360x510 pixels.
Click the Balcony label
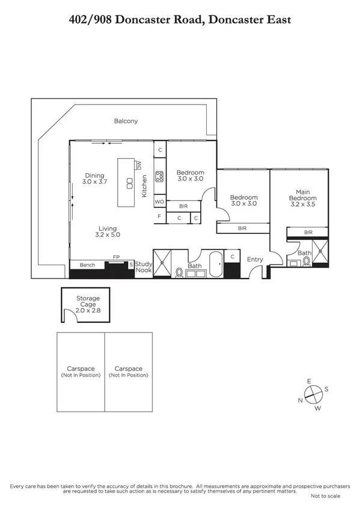(126, 121)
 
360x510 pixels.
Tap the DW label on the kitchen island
(139, 165)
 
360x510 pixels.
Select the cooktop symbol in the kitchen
(160, 176)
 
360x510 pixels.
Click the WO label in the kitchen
(159, 202)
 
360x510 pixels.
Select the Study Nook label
(144, 267)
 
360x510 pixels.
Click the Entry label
(255, 260)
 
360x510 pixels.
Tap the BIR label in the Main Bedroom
(308, 232)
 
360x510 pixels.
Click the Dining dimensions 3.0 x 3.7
(95, 181)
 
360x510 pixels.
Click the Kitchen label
(144, 191)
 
